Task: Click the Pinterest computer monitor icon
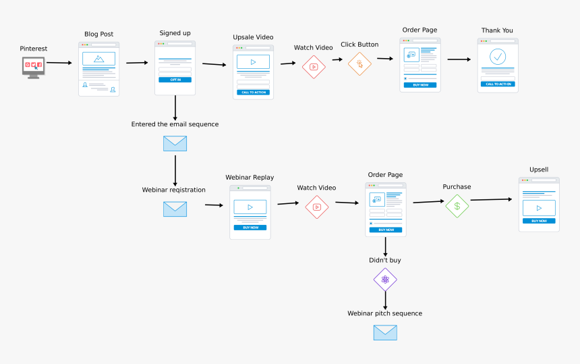point(33,67)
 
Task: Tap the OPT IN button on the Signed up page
point(175,80)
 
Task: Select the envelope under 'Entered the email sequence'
point(175,143)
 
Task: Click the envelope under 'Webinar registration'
point(175,209)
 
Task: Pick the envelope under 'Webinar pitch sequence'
point(385,332)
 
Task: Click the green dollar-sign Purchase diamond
point(457,206)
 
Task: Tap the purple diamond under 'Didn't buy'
point(385,280)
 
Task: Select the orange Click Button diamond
point(359,64)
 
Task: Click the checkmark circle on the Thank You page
point(498,57)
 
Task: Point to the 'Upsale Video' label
point(253,36)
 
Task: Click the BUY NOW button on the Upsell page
point(539,221)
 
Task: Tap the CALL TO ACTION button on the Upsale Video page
point(253,92)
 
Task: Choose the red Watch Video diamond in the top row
point(314,67)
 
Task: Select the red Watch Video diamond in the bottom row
point(316,207)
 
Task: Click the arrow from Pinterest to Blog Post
point(59,63)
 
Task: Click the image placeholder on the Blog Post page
point(98,59)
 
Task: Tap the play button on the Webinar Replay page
point(250,207)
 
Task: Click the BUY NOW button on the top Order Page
point(419,85)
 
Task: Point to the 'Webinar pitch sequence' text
point(384,313)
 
